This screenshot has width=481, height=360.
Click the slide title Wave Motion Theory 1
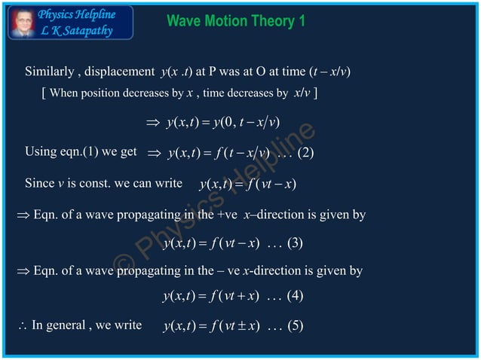pyautogui.click(x=235, y=21)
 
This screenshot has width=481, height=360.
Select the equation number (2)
pyautogui.click(x=306, y=154)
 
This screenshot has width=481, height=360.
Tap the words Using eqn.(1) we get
pyautogui.click(x=81, y=152)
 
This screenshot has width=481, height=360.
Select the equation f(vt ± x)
pyautogui.click(x=211, y=326)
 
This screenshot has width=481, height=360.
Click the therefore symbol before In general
pyautogui.click(x=22, y=326)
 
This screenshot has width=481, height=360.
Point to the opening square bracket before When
pyautogui.click(x=45, y=93)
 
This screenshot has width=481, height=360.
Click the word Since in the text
pyautogui.click(x=40, y=183)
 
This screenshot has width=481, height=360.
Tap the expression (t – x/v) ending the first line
pyautogui.click(x=329, y=72)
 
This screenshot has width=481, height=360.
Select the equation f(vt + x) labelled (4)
pyautogui.click(x=211, y=295)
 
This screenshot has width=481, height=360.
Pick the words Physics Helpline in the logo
pyautogui.click(x=78, y=14)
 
